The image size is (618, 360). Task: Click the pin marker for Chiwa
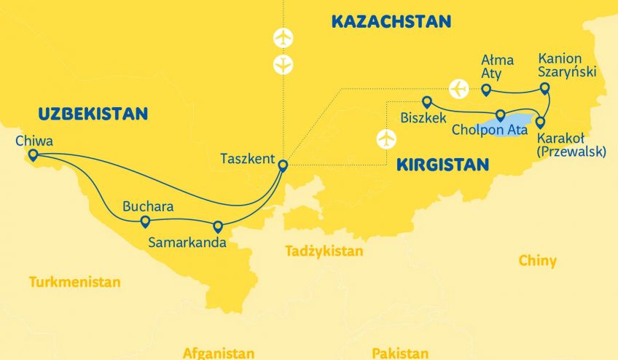32,154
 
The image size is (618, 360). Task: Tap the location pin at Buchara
145,221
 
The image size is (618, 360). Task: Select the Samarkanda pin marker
217,226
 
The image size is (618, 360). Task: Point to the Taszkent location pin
283,165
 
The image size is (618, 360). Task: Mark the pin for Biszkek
427,102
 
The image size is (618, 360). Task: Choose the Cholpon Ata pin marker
501,114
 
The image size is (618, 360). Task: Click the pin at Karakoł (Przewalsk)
540,122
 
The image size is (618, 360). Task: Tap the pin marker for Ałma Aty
487,90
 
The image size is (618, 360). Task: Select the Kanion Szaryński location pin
544,88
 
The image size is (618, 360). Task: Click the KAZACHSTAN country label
391,21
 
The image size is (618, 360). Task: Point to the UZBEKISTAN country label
93,114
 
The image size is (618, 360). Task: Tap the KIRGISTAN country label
442,165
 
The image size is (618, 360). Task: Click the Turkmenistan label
75,282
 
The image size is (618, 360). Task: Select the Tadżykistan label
324,251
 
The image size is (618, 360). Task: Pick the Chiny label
538,260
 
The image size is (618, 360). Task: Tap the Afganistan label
219,353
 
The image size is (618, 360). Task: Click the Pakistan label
400,353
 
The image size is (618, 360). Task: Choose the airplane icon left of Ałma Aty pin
459,88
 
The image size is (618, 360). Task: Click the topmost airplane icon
283,37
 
